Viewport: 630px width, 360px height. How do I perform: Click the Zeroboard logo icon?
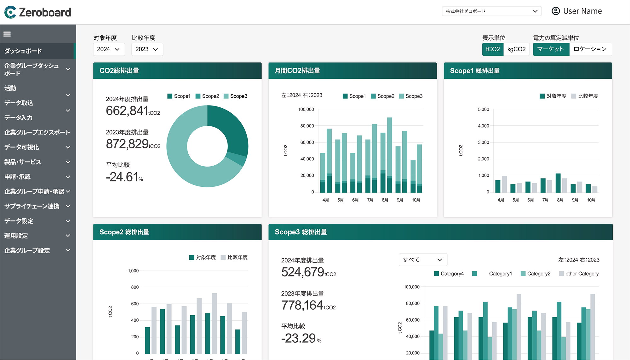coord(10,12)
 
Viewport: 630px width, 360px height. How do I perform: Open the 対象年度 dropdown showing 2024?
coord(109,49)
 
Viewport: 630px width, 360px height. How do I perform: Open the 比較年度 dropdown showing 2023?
coord(147,49)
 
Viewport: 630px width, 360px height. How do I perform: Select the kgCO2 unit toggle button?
coord(516,49)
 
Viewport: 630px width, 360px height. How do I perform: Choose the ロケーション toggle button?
coord(590,49)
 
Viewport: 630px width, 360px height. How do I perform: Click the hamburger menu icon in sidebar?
coord(7,34)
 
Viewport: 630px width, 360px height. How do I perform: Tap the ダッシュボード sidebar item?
coord(23,51)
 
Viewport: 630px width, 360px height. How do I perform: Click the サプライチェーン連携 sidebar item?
coord(32,206)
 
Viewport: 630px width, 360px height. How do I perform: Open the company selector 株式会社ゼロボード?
coord(491,11)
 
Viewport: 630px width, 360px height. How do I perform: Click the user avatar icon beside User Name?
coord(556,11)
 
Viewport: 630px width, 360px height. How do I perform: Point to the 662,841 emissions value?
coord(127,111)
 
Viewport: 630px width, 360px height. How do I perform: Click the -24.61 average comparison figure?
coord(122,177)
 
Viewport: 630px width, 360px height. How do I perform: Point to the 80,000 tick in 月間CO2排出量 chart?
coord(307,126)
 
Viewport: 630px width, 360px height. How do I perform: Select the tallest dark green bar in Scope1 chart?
coord(558,183)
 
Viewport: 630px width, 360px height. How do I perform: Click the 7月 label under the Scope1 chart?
coord(545,200)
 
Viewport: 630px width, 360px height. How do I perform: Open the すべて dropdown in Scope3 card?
coord(423,260)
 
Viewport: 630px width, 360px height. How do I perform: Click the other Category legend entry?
coord(579,274)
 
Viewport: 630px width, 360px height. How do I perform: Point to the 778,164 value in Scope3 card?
coord(302,306)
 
